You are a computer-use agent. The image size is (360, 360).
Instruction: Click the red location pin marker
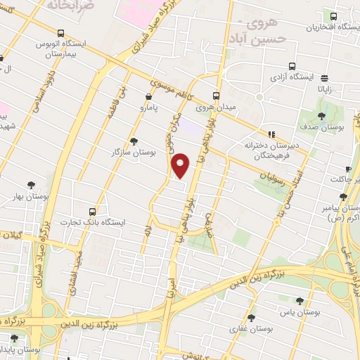pyautogui.click(x=181, y=165)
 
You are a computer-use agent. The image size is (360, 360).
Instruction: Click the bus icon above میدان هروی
pyautogui.click(x=216, y=96)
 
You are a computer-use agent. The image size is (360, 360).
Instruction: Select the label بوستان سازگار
pyautogui.click(x=133, y=152)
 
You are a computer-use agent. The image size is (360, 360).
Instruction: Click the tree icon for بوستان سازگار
pyautogui.click(x=134, y=141)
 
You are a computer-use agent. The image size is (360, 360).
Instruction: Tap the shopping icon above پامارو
pyautogui.click(x=148, y=97)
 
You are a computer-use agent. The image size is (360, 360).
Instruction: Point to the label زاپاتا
pyautogui.click(x=328, y=90)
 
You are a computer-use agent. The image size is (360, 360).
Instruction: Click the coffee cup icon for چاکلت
pyautogui.click(x=347, y=169)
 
